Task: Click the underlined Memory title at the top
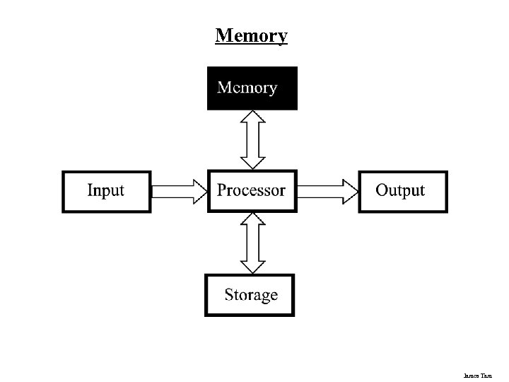252,35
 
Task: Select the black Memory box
252,88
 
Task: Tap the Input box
107,191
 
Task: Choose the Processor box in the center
252,191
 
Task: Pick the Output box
402,191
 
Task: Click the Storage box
250,295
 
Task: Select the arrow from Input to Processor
179,191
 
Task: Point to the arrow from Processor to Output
327,191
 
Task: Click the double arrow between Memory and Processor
252,139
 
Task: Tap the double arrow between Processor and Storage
252,243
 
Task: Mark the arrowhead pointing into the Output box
350,191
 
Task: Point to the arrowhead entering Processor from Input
199,191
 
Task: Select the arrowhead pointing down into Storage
252,266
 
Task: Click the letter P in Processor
222,190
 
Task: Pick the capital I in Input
90,190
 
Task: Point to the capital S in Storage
229,294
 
